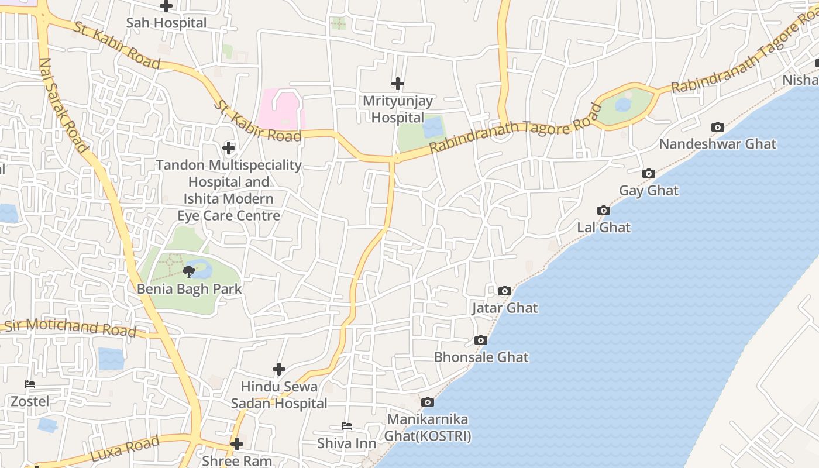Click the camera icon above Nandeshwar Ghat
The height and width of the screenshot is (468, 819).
point(717,127)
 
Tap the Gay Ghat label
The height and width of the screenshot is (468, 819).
point(649,191)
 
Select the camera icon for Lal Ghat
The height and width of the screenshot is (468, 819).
point(604,210)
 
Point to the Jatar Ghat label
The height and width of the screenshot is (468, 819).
point(505,308)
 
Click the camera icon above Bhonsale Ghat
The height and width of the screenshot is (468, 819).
point(481,340)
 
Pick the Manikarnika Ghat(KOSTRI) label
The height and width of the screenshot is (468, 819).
point(428,428)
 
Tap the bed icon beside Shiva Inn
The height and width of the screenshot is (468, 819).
point(346,426)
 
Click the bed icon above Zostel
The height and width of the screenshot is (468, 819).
point(30,384)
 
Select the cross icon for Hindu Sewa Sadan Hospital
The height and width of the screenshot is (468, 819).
point(279,369)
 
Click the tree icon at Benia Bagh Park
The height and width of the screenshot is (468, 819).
point(189,271)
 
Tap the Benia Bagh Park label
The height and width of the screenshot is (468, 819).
point(189,289)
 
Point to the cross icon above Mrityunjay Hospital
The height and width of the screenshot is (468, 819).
point(398,84)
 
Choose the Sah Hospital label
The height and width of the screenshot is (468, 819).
point(167,23)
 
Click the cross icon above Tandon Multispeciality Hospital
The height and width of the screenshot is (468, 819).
point(229,147)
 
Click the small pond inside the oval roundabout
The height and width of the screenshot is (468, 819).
point(623,105)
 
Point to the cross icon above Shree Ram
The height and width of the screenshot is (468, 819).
point(236,444)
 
